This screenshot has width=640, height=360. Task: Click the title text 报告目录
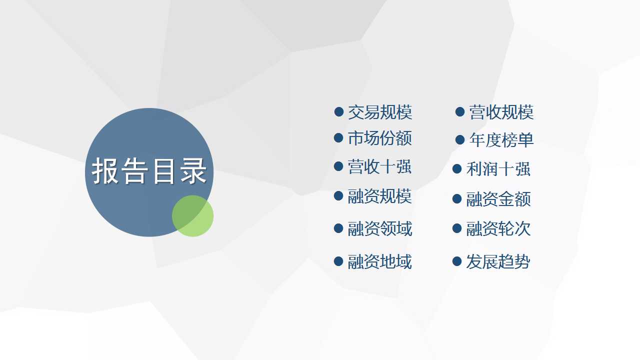(149, 170)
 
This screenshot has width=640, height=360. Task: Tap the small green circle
(192, 216)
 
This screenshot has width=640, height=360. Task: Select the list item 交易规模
(380, 112)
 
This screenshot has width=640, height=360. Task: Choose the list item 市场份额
(380, 138)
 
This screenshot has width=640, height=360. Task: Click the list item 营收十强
(379, 166)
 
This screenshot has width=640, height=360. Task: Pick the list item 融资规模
(379, 196)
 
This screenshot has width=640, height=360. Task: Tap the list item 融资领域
(380, 228)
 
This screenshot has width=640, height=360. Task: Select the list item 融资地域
(379, 261)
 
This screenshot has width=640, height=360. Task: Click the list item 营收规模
(501, 112)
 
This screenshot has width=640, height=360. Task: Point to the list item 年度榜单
(501, 140)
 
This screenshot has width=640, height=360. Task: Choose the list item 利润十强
(498, 169)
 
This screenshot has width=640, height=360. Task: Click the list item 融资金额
(498, 199)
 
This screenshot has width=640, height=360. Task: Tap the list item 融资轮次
(498, 228)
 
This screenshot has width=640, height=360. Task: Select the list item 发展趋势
(498, 261)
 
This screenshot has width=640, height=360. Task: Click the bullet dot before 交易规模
(338, 111)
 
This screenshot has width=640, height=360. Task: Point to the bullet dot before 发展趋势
(457, 261)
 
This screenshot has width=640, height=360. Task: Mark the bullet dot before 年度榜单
(460, 139)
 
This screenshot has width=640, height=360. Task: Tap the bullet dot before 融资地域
(338, 261)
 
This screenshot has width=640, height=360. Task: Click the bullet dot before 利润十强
(457, 168)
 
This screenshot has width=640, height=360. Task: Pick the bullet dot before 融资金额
(457, 198)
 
